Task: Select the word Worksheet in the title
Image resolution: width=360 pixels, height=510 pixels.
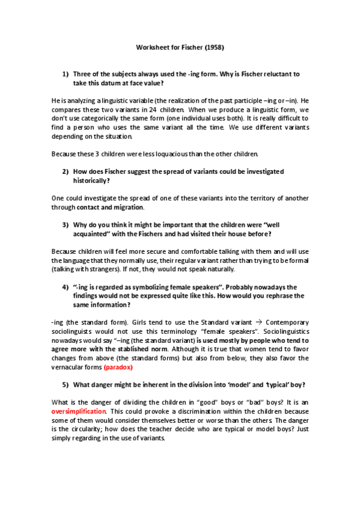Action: click(x=153, y=46)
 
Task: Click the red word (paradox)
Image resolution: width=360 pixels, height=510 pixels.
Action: click(x=120, y=367)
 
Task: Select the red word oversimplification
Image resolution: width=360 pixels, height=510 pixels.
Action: click(x=79, y=411)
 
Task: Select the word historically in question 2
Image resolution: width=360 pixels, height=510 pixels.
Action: click(x=93, y=180)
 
